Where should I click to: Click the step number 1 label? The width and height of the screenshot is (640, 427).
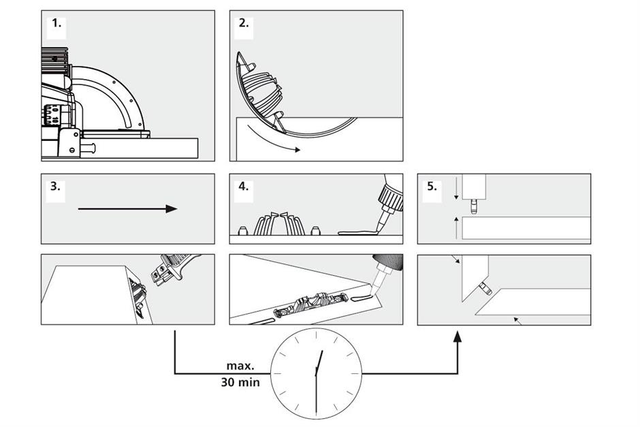(57, 22)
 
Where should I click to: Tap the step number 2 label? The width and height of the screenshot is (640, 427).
(244, 22)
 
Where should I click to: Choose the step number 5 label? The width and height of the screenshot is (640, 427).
(432, 187)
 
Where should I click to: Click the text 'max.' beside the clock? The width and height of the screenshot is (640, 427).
(240, 366)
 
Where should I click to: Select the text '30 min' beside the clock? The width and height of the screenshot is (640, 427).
(240, 382)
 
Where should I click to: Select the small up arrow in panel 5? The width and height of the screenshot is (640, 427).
(456, 221)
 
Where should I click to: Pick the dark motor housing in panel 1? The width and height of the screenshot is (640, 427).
(52, 60)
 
